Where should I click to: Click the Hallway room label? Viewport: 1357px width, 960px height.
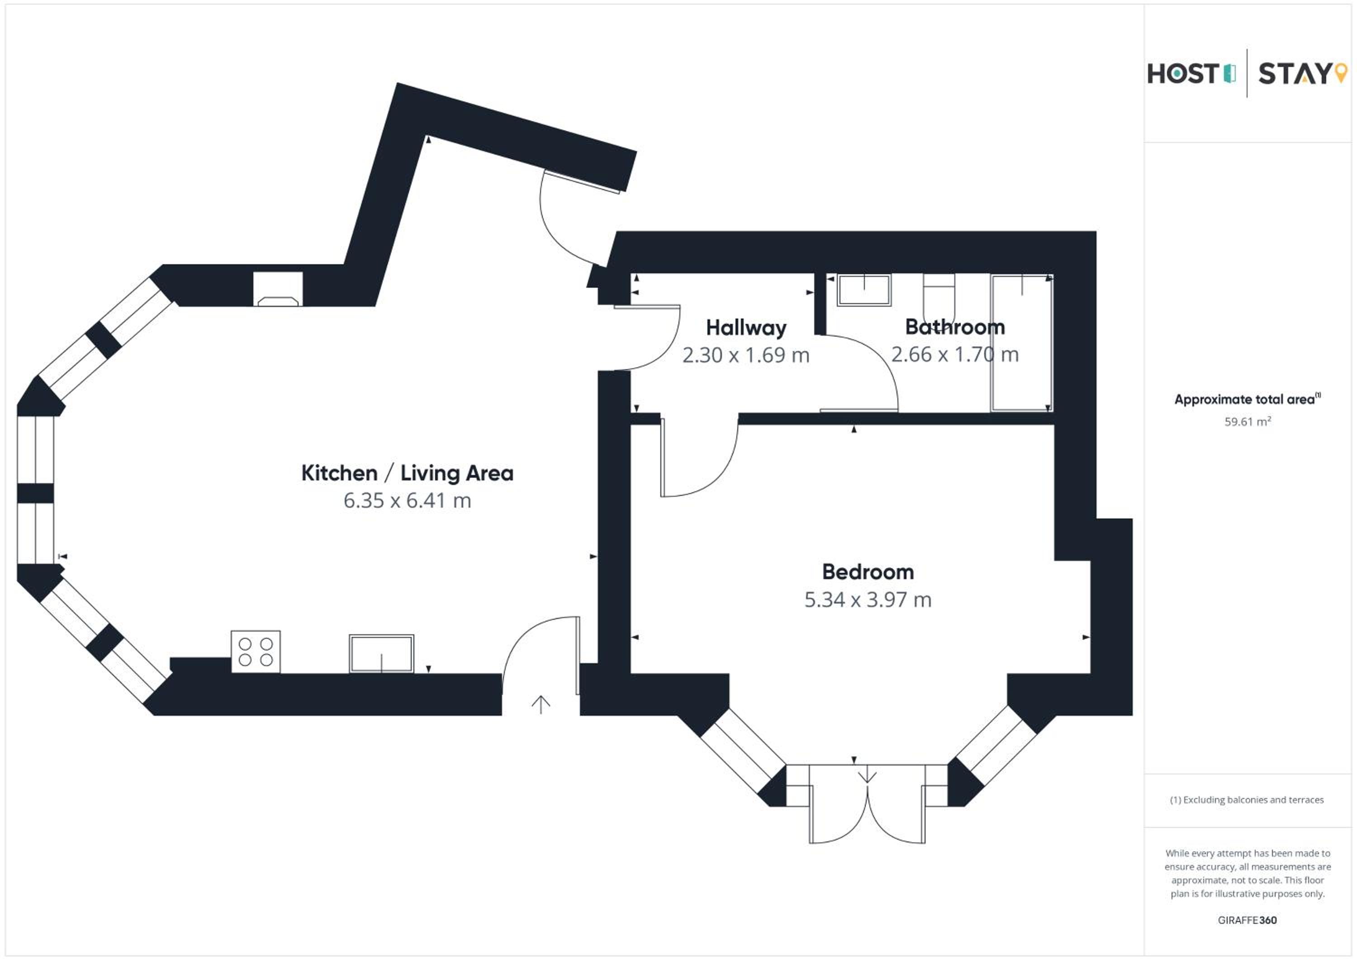click(746, 328)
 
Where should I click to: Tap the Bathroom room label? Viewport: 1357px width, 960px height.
click(955, 327)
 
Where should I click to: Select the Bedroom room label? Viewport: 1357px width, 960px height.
click(868, 572)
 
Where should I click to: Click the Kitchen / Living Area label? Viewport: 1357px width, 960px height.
click(407, 473)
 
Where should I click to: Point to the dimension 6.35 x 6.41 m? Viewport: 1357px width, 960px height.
click(407, 501)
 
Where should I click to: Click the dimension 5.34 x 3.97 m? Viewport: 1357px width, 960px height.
click(868, 599)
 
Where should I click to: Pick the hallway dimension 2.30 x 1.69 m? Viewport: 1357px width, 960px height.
click(746, 355)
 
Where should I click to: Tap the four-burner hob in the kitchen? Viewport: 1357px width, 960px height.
click(255, 651)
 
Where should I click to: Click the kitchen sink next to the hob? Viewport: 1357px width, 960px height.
click(381, 654)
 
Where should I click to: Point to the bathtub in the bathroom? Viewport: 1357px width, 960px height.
click(1022, 342)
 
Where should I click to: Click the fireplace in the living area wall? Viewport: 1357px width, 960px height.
click(278, 289)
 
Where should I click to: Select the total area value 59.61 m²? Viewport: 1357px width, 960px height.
click(1247, 422)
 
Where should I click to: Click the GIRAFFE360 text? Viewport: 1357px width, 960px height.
click(1247, 920)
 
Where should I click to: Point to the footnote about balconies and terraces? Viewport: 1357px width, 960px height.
click(1247, 800)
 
